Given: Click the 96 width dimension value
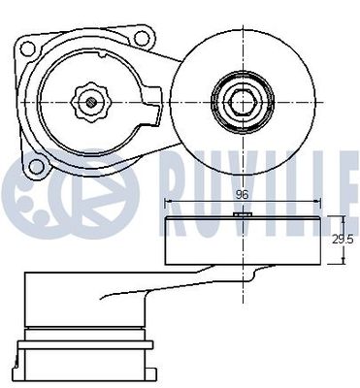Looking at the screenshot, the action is click(x=242, y=195).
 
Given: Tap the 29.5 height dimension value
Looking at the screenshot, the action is click(x=343, y=240).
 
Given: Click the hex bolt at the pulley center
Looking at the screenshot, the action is click(x=243, y=103).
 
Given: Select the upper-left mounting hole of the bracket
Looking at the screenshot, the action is click(x=27, y=48).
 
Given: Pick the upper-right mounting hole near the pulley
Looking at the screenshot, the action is click(x=142, y=39).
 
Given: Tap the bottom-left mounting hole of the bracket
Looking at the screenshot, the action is click(x=36, y=167).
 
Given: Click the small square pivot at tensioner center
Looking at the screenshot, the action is click(x=91, y=103).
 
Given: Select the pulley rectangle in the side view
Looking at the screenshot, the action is click(x=243, y=241).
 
